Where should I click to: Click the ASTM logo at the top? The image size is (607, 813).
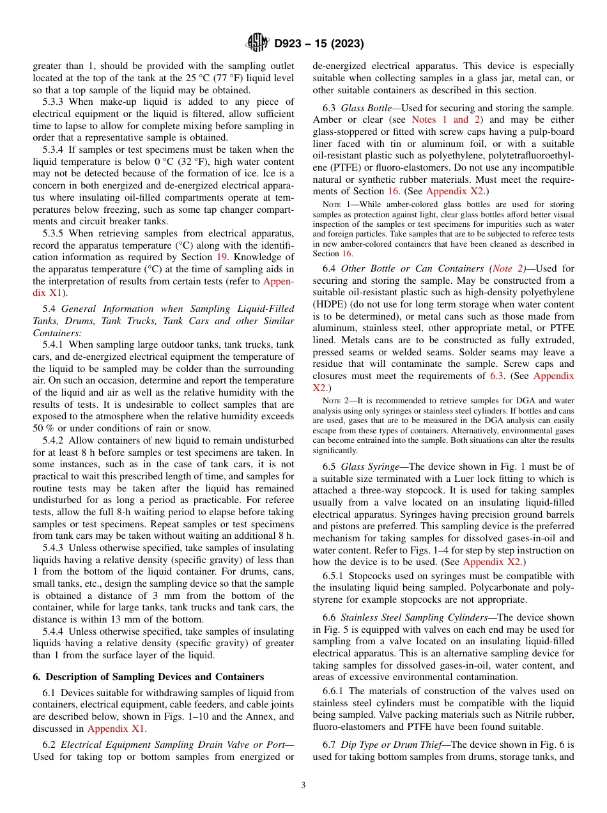click(x=257, y=43)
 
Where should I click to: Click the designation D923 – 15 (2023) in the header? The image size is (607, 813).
click(x=319, y=44)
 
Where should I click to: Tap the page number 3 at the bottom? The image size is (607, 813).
click(x=303, y=786)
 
